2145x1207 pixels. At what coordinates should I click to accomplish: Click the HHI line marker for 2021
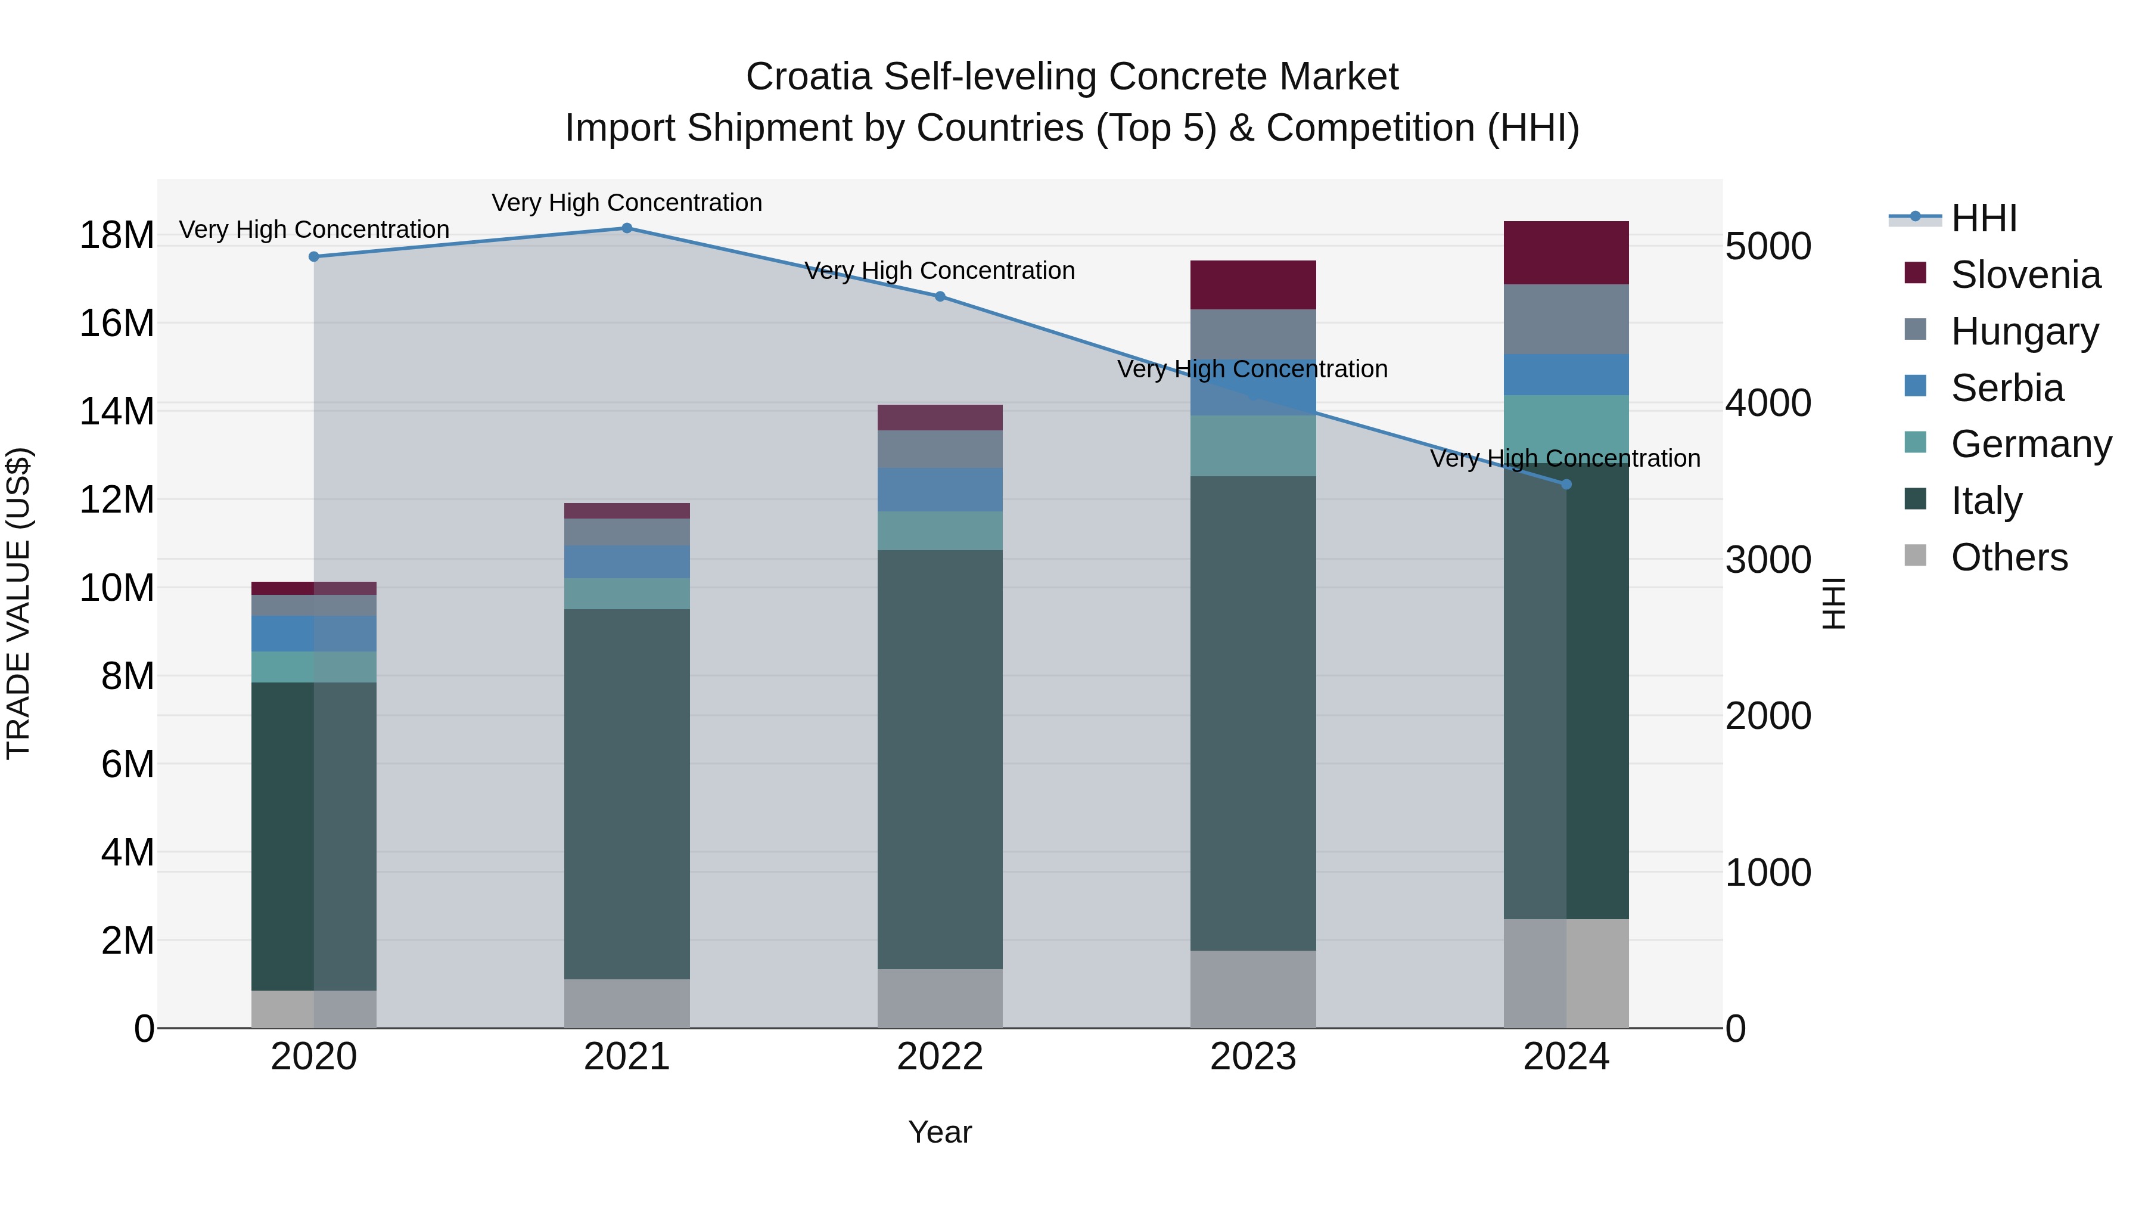point(627,228)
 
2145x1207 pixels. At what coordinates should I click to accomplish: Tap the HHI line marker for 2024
point(1566,485)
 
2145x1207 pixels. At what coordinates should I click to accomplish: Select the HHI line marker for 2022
point(940,297)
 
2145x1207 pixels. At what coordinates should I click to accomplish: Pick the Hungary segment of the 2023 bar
point(1253,334)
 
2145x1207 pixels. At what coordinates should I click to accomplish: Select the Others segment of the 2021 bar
point(627,1004)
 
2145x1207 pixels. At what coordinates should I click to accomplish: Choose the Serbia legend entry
point(2007,388)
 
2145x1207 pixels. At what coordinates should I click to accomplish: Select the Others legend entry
point(2009,557)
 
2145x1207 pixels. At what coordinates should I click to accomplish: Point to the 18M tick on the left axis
point(117,235)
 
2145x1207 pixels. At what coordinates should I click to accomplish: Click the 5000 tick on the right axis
point(1768,247)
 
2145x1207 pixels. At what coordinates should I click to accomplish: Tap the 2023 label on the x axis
point(1253,1057)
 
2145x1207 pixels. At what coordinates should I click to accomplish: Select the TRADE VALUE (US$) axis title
point(19,603)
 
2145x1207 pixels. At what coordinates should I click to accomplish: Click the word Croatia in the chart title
point(809,77)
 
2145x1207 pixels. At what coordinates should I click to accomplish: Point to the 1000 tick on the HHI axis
point(1768,873)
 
